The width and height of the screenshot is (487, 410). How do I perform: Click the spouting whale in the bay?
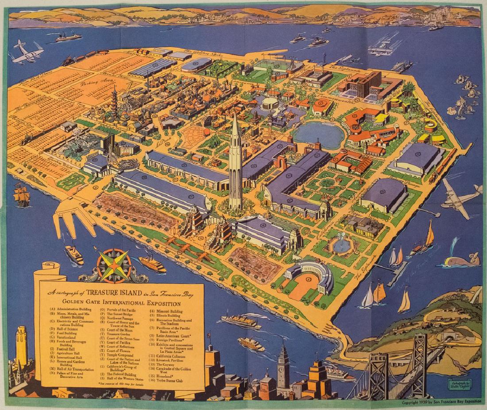(460, 259)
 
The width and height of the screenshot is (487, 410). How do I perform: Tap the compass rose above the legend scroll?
(114, 265)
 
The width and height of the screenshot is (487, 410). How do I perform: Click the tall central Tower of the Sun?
(236, 164)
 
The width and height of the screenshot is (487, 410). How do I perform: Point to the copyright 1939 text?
(440, 403)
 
